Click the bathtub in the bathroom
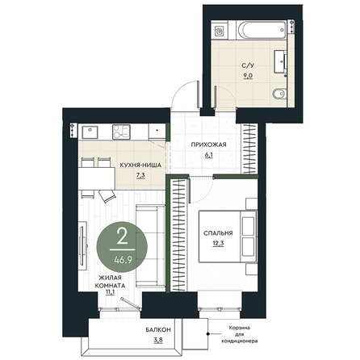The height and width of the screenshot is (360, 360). click(261, 30)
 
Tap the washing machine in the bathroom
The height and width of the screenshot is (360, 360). click(220, 30)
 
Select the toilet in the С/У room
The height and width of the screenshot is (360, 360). click(278, 94)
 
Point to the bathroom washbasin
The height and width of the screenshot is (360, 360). click(280, 61)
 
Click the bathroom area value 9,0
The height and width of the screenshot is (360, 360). click(248, 76)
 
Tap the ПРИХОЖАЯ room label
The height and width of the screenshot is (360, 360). click(208, 144)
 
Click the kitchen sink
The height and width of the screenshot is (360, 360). click(90, 132)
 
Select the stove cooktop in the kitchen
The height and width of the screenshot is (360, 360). click(122, 132)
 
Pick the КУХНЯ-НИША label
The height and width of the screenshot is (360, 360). click(140, 165)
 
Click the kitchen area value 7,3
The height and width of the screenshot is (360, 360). click(140, 176)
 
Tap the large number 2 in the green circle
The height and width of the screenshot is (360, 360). click(123, 237)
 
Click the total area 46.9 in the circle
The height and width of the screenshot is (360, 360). click(123, 260)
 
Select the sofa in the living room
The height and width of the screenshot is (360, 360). click(150, 246)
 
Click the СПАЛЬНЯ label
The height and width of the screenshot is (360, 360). click(218, 233)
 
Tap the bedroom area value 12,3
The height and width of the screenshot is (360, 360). click(218, 244)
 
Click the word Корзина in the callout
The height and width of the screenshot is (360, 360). click(240, 328)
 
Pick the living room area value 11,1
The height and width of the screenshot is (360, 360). click(110, 292)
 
